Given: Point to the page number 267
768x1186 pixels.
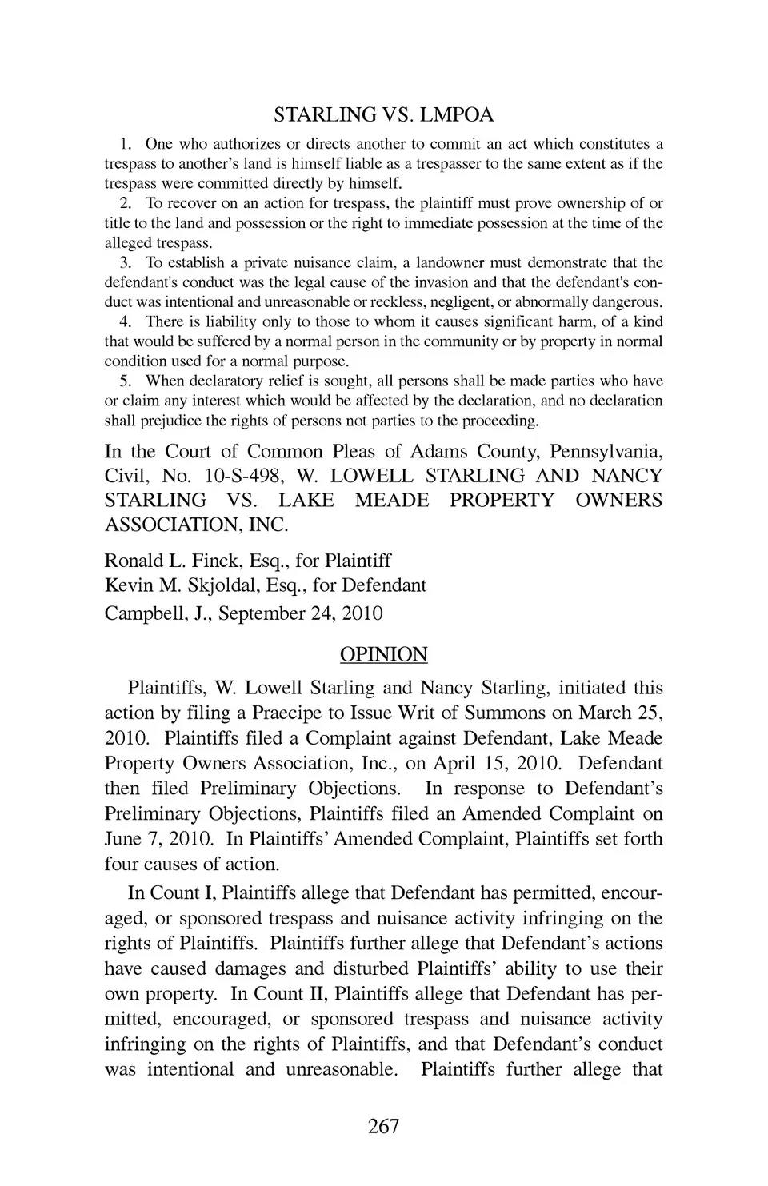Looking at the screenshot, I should point(383,1127).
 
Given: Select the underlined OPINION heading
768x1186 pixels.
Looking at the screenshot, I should point(383,654).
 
